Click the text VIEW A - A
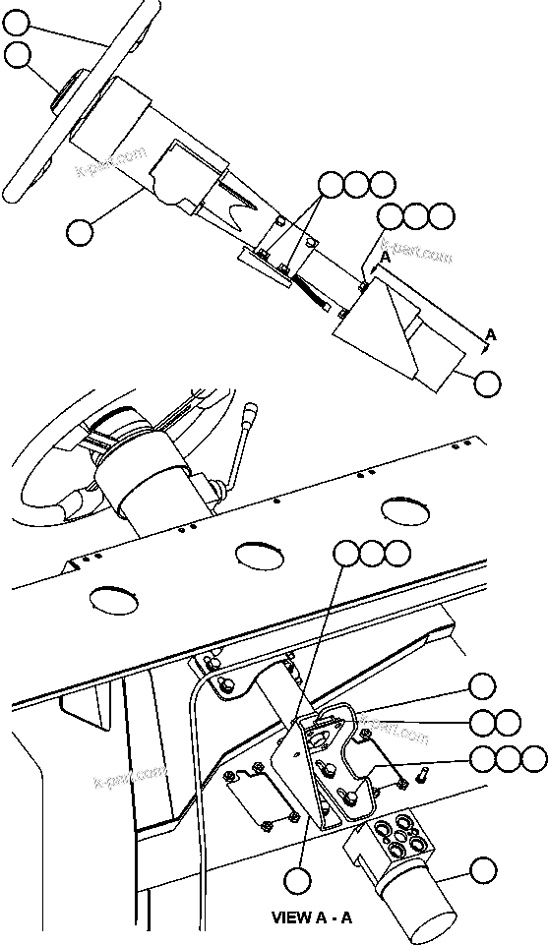[311, 916]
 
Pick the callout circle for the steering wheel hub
[17, 56]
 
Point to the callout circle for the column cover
[79, 232]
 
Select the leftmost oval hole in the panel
[112, 598]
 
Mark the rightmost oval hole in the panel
[406, 509]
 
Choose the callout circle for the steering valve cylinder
[482, 869]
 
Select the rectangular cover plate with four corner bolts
[263, 792]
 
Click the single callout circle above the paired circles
[482, 685]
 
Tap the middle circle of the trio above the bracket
[372, 554]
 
